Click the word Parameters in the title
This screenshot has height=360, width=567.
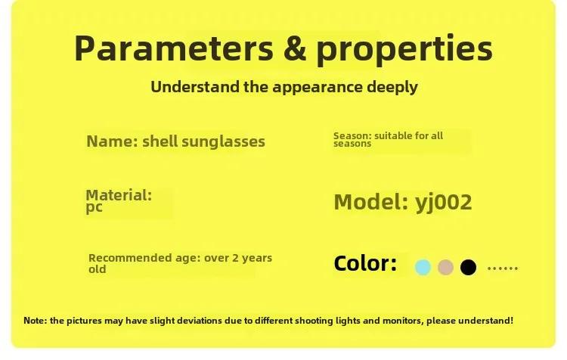[x=174, y=48]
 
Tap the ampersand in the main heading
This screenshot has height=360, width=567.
[x=295, y=48]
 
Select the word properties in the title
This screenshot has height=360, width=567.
[x=404, y=50]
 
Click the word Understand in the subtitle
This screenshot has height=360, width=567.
[x=195, y=87]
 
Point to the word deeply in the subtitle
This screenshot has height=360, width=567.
[x=392, y=88]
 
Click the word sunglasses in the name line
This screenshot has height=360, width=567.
[x=223, y=141]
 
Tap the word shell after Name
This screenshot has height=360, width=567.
[x=160, y=141]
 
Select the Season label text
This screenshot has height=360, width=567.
[x=352, y=136]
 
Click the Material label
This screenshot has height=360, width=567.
[x=119, y=195]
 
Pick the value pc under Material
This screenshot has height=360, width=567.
[x=94, y=208]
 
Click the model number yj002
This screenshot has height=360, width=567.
[x=444, y=202]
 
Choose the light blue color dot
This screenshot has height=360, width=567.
[x=423, y=268]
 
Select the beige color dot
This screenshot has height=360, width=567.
[x=445, y=268]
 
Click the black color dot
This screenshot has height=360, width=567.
[x=468, y=268]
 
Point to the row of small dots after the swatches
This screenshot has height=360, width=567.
[x=503, y=268]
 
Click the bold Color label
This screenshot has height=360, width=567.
[x=365, y=263]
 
